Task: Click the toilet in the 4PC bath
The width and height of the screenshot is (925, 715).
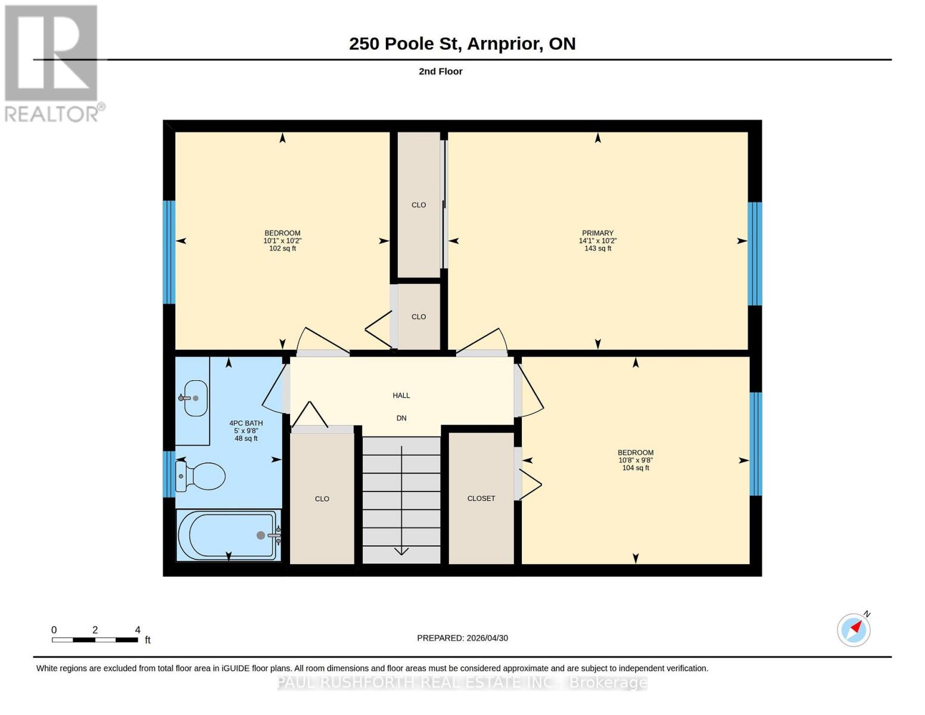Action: [200, 476]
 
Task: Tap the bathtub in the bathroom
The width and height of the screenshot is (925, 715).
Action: [229, 535]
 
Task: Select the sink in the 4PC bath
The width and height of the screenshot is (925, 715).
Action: [195, 398]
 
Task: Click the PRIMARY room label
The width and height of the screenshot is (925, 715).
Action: [597, 233]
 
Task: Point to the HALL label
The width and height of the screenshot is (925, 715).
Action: [401, 396]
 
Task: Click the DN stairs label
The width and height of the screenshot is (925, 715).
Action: [401, 418]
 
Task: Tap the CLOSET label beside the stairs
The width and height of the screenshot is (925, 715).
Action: [481, 498]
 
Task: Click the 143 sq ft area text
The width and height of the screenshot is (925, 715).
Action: [597, 248]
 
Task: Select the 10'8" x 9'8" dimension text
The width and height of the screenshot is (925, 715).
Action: [636, 461]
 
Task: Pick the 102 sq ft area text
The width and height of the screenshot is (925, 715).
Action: [282, 248]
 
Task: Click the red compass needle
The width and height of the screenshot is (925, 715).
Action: [857, 626]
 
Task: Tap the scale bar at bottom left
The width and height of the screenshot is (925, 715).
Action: [95, 640]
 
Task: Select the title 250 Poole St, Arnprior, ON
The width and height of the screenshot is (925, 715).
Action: [462, 43]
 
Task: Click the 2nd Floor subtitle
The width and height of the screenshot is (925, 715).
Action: [441, 71]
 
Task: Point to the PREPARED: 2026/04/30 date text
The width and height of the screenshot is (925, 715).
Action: [462, 638]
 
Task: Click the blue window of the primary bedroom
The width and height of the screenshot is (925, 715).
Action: [755, 254]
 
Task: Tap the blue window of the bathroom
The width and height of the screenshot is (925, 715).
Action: [169, 474]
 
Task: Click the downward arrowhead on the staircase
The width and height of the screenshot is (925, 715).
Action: [401, 551]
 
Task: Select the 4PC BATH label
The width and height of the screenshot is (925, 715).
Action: [246, 423]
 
